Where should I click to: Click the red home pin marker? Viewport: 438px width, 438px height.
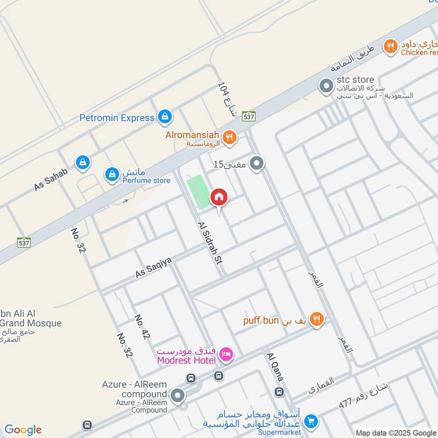[x=218, y=197]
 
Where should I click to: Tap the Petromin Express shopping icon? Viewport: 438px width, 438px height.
[x=164, y=117]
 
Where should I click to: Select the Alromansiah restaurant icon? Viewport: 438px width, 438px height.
[x=230, y=137]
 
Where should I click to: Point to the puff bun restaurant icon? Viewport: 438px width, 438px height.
[x=316, y=319]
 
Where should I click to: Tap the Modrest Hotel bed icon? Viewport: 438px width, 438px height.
[x=226, y=356]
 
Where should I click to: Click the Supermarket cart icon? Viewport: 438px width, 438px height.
[x=310, y=420]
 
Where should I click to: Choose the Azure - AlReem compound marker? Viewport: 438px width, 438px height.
[x=177, y=395]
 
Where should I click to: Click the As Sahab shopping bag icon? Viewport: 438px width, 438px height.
[x=83, y=162]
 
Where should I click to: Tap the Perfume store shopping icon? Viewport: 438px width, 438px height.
[x=112, y=175]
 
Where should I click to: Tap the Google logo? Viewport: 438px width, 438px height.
[x=23, y=430]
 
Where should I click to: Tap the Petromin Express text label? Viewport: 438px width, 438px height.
[x=117, y=118]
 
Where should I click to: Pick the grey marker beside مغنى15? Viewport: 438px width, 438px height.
[x=256, y=163]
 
